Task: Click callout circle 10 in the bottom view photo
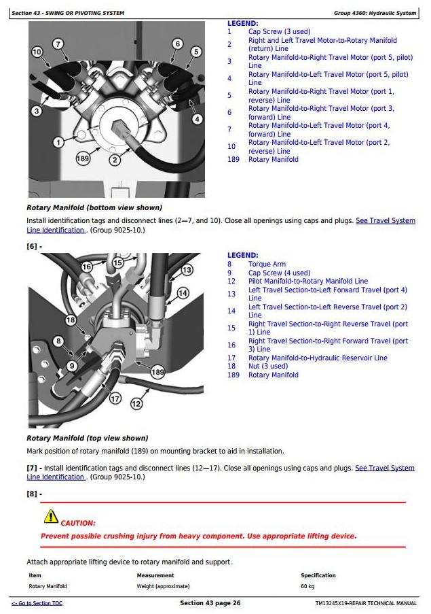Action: pos(37,52)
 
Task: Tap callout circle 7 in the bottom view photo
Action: pos(58,44)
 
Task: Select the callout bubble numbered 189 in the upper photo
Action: pos(83,158)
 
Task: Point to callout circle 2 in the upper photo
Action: pos(115,160)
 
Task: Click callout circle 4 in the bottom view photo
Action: pos(198,119)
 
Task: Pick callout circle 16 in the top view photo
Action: pos(86,267)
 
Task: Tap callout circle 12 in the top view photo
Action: pos(136,404)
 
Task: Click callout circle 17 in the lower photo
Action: pos(115,398)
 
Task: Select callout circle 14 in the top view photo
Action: pos(183,293)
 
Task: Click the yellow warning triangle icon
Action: pos(51,517)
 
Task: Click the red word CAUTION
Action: pos(78,523)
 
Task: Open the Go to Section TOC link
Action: pos(37,603)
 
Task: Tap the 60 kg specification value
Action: pos(307,586)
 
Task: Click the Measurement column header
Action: pos(155,575)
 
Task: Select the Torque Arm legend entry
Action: pos(267,264)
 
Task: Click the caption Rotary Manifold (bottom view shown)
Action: pos(94,207)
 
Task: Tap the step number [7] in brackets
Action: pos(32,468)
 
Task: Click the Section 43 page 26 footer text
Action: pos(210,603)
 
